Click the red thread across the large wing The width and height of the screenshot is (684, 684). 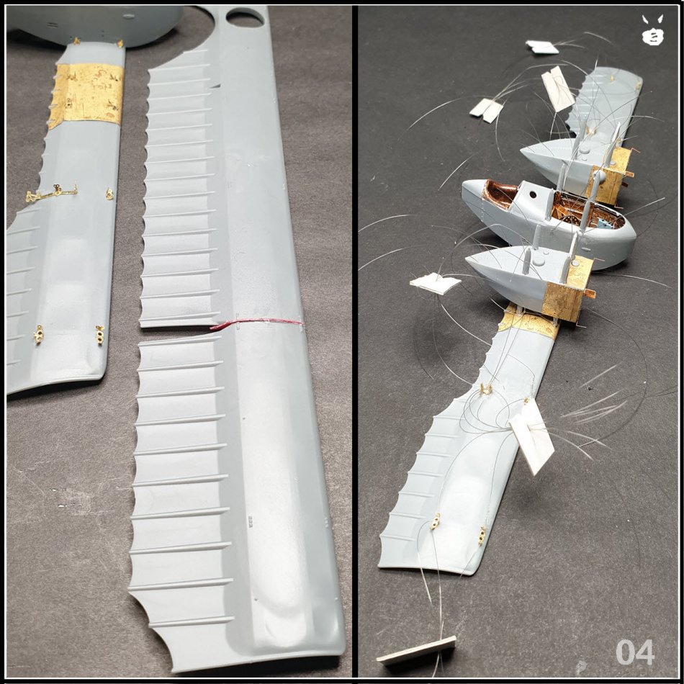coord(256,323)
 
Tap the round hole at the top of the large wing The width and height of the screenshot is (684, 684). coord(245,18)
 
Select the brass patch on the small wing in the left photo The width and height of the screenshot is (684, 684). coord(86,95)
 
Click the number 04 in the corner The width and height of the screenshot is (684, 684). coord(635,652)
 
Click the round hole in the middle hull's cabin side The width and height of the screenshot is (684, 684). coord(532,196)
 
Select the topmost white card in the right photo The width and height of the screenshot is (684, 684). coord(541,47)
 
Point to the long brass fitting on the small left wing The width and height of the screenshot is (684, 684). coord(51,192)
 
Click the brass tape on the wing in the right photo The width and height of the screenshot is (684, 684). coord(528,322)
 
